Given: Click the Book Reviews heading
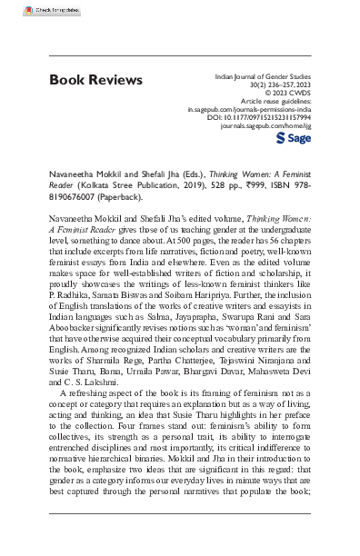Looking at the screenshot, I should pos(95,81).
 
